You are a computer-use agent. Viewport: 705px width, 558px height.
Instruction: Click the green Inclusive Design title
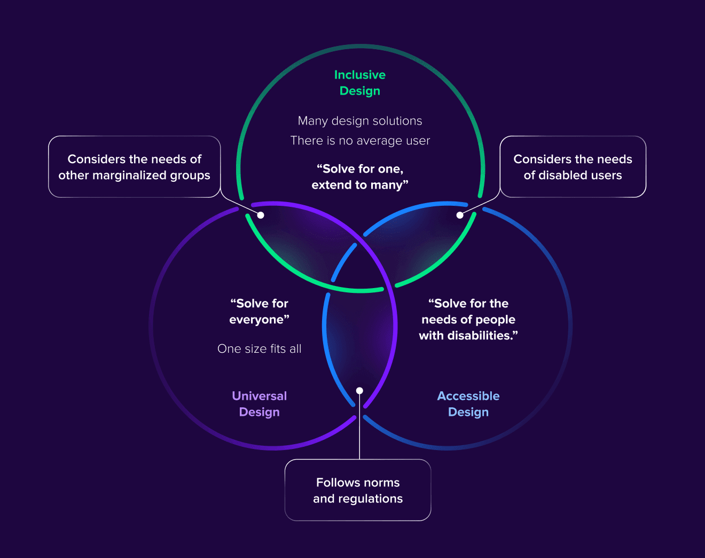coord(359,83)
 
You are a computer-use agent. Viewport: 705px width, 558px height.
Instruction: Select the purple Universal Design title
coord(259,404)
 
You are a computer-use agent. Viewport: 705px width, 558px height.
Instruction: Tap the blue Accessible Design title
coord(468,404)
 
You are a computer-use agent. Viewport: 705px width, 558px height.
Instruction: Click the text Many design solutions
coord(359,121)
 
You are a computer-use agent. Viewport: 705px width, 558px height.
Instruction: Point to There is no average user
coord(359,141)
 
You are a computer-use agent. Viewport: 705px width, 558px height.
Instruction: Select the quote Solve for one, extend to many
coord(359,177)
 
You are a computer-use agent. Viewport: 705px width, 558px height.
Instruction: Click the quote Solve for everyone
coord(259,312)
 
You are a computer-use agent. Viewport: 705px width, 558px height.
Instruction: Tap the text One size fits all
coord(259,348)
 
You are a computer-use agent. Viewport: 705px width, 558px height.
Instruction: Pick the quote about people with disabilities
coord(468,319)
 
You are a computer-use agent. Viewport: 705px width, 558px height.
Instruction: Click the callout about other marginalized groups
coord(134,167)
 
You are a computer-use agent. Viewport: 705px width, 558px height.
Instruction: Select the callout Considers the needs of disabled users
coord(573,167)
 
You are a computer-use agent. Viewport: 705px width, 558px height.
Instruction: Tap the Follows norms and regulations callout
coord(358,490)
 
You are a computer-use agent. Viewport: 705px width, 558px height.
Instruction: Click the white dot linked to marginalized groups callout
coord(261,215)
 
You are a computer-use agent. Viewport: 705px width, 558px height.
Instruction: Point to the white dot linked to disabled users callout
coord(460,215)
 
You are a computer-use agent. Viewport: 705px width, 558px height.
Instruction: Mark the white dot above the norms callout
coord(359,391)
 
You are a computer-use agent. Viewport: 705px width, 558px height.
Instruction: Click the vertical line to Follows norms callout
coord(359,426)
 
